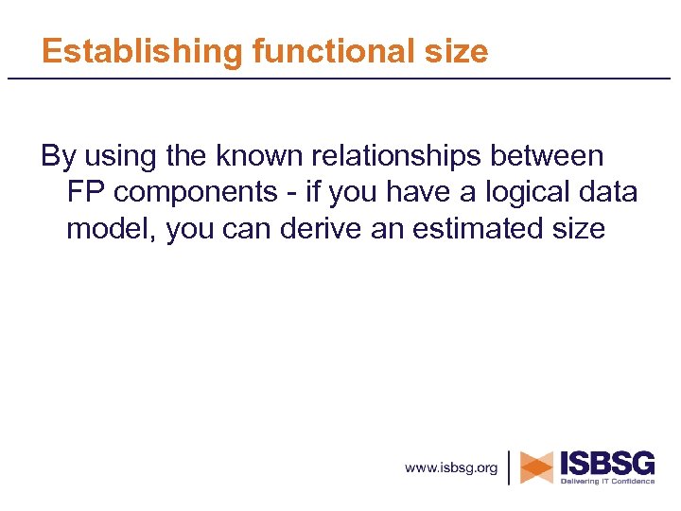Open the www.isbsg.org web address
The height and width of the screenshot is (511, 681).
click(x=451, y=467)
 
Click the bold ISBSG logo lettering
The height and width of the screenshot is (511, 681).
click(x=607, y=463)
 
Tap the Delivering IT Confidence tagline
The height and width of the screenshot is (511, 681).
click(x=606, y=481)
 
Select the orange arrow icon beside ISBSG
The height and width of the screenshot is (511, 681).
click(x=537, y=467)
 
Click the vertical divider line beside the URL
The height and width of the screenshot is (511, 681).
click(x=510, y=467)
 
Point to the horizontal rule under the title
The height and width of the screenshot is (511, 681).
click(x=340, y=78)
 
